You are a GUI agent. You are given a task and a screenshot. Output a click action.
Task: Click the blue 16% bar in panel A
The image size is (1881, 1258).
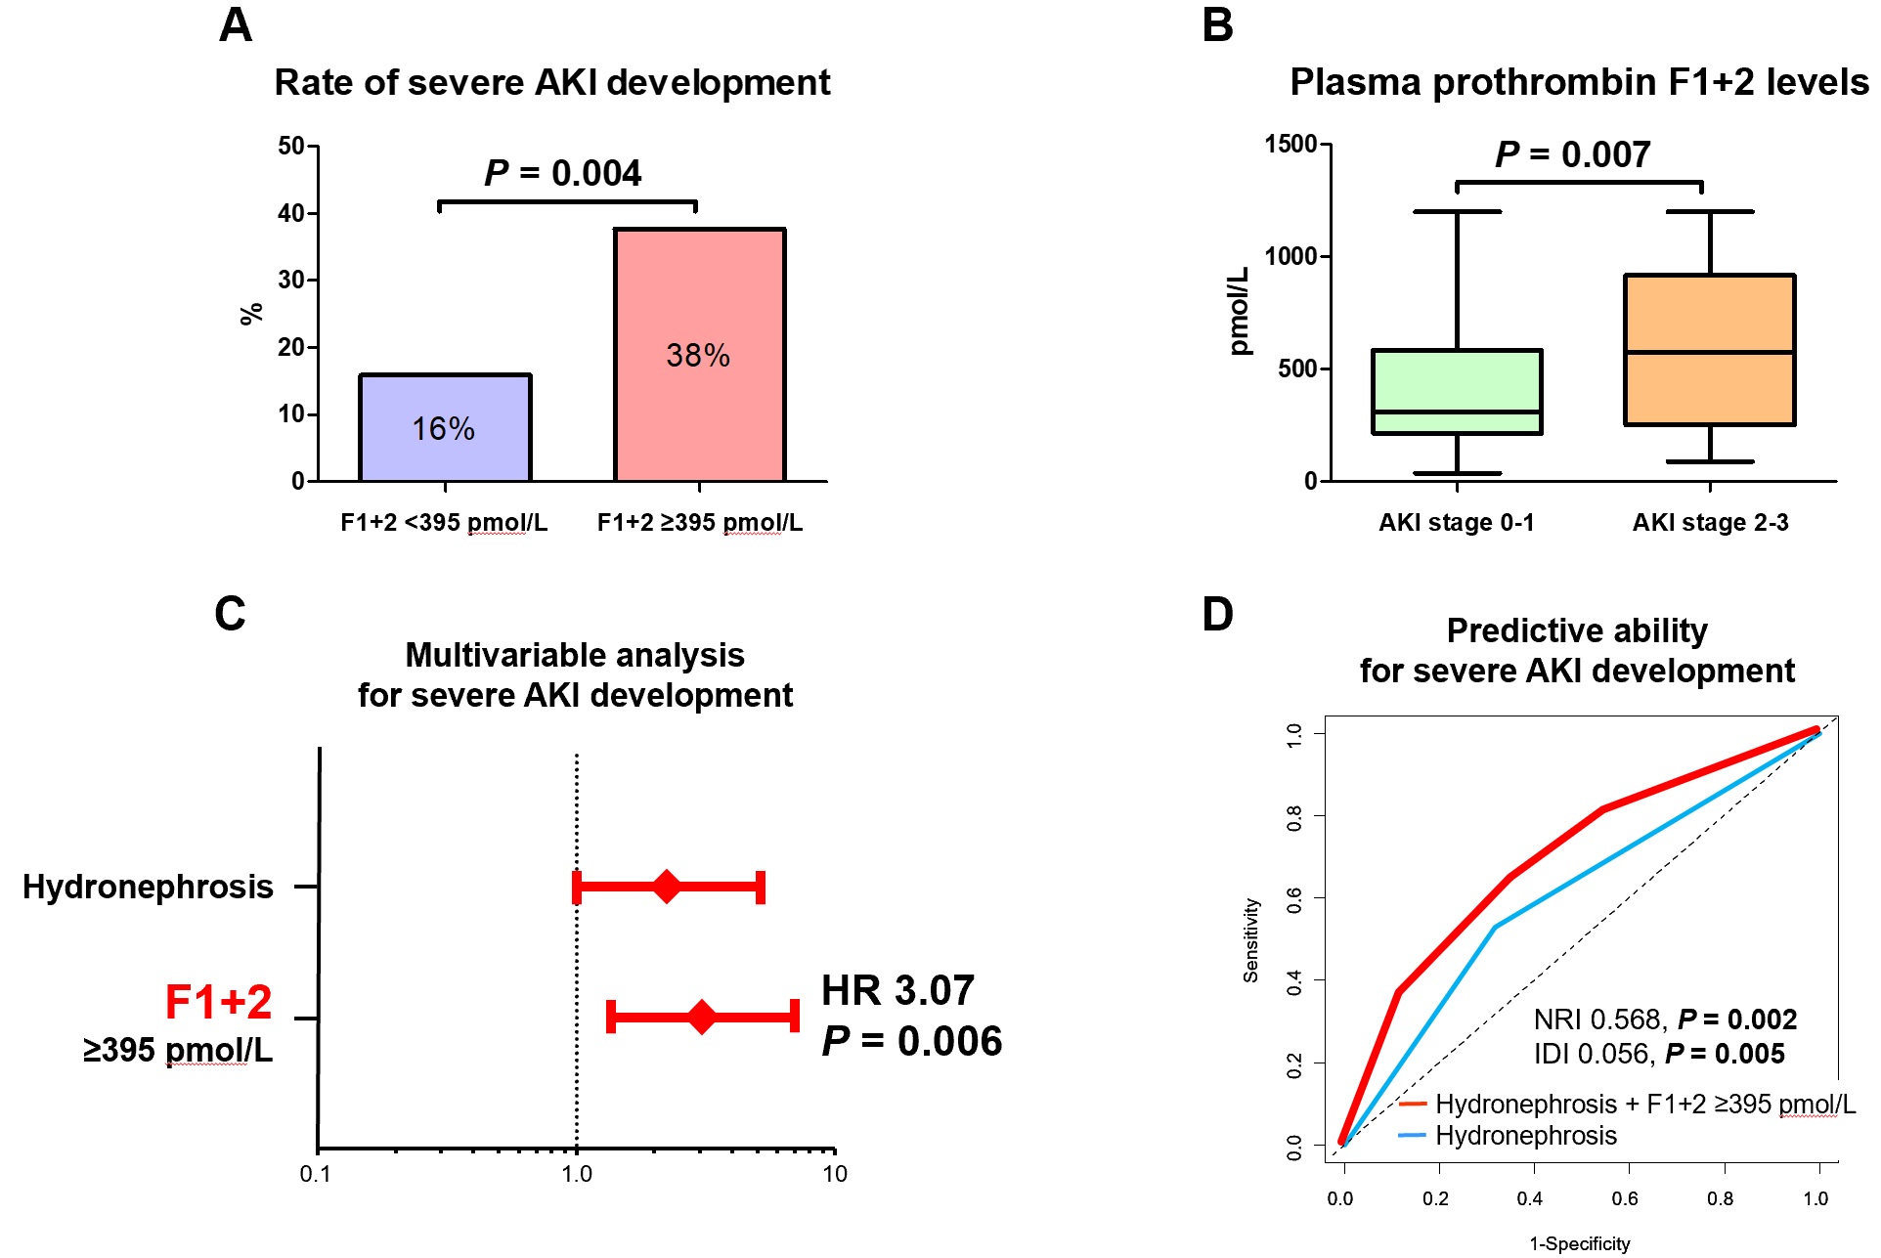tap(445, 427)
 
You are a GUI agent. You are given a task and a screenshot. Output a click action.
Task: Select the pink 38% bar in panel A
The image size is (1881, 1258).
tap(699, 354)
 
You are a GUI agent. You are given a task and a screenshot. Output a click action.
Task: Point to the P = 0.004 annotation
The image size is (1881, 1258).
tap(563, 174)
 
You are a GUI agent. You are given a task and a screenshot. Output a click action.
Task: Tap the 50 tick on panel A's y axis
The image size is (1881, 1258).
tap(291, 147)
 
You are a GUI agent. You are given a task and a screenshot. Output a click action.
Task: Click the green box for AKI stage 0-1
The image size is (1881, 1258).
tap(1457, 391)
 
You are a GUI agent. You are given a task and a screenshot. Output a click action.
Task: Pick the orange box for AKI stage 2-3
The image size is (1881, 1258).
tap(1709, 349)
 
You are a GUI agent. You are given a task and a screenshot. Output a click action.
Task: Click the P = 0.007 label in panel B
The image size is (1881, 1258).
tap(1572, 154)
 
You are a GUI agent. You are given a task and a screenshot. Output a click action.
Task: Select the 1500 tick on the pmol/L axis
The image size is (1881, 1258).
tap(1290, 145)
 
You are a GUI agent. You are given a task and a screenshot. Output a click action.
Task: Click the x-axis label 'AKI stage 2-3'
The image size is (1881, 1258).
tap(1710, 523)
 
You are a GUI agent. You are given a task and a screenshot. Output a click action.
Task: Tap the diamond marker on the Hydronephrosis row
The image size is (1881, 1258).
tap(667, 887)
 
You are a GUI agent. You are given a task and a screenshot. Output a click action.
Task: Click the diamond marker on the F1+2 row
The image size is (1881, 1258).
tap(701, 1017)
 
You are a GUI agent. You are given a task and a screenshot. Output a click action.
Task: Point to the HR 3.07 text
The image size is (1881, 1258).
tap(897, 991)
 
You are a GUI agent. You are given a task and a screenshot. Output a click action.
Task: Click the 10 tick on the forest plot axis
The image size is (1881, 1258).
tap(834, 1174)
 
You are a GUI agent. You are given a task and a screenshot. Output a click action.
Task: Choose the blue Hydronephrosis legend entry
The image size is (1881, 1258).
tap(1525, 1136)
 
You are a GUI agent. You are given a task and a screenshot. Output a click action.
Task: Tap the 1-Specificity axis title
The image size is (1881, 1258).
tap(1579, 1243)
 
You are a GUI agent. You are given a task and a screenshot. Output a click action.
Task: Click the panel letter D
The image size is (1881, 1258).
tap(1217, 615)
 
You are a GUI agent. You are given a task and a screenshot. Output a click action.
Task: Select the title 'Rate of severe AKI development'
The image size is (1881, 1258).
tap(551, 83)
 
